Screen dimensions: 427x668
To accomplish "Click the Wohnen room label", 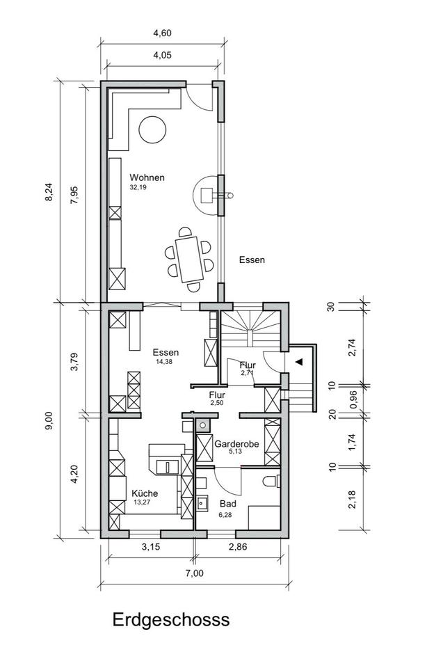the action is coord(147,177).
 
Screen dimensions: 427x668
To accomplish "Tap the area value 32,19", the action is coord(138,187).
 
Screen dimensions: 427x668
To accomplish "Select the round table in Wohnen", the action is coord(152,129).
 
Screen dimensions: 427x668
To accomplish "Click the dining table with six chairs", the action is coord(189,259).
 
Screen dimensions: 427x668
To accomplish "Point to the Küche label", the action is coord(145,493).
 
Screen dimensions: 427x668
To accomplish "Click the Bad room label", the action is coord(228,504).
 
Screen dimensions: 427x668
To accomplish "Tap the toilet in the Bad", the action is coord(272,481).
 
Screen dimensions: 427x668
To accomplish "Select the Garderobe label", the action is coord(236,444).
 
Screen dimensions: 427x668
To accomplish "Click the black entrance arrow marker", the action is coord(299,362).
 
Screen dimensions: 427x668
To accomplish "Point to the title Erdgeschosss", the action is coord(171,619).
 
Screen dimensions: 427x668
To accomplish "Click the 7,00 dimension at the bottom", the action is coord(195,573).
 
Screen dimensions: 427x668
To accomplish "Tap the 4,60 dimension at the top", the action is coord(162,33).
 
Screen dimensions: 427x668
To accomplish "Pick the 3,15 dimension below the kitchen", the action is coord(151,547).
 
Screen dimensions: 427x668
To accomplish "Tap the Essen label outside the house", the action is coord(252,260).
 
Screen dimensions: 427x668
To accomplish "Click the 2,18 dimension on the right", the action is coord(352,500).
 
